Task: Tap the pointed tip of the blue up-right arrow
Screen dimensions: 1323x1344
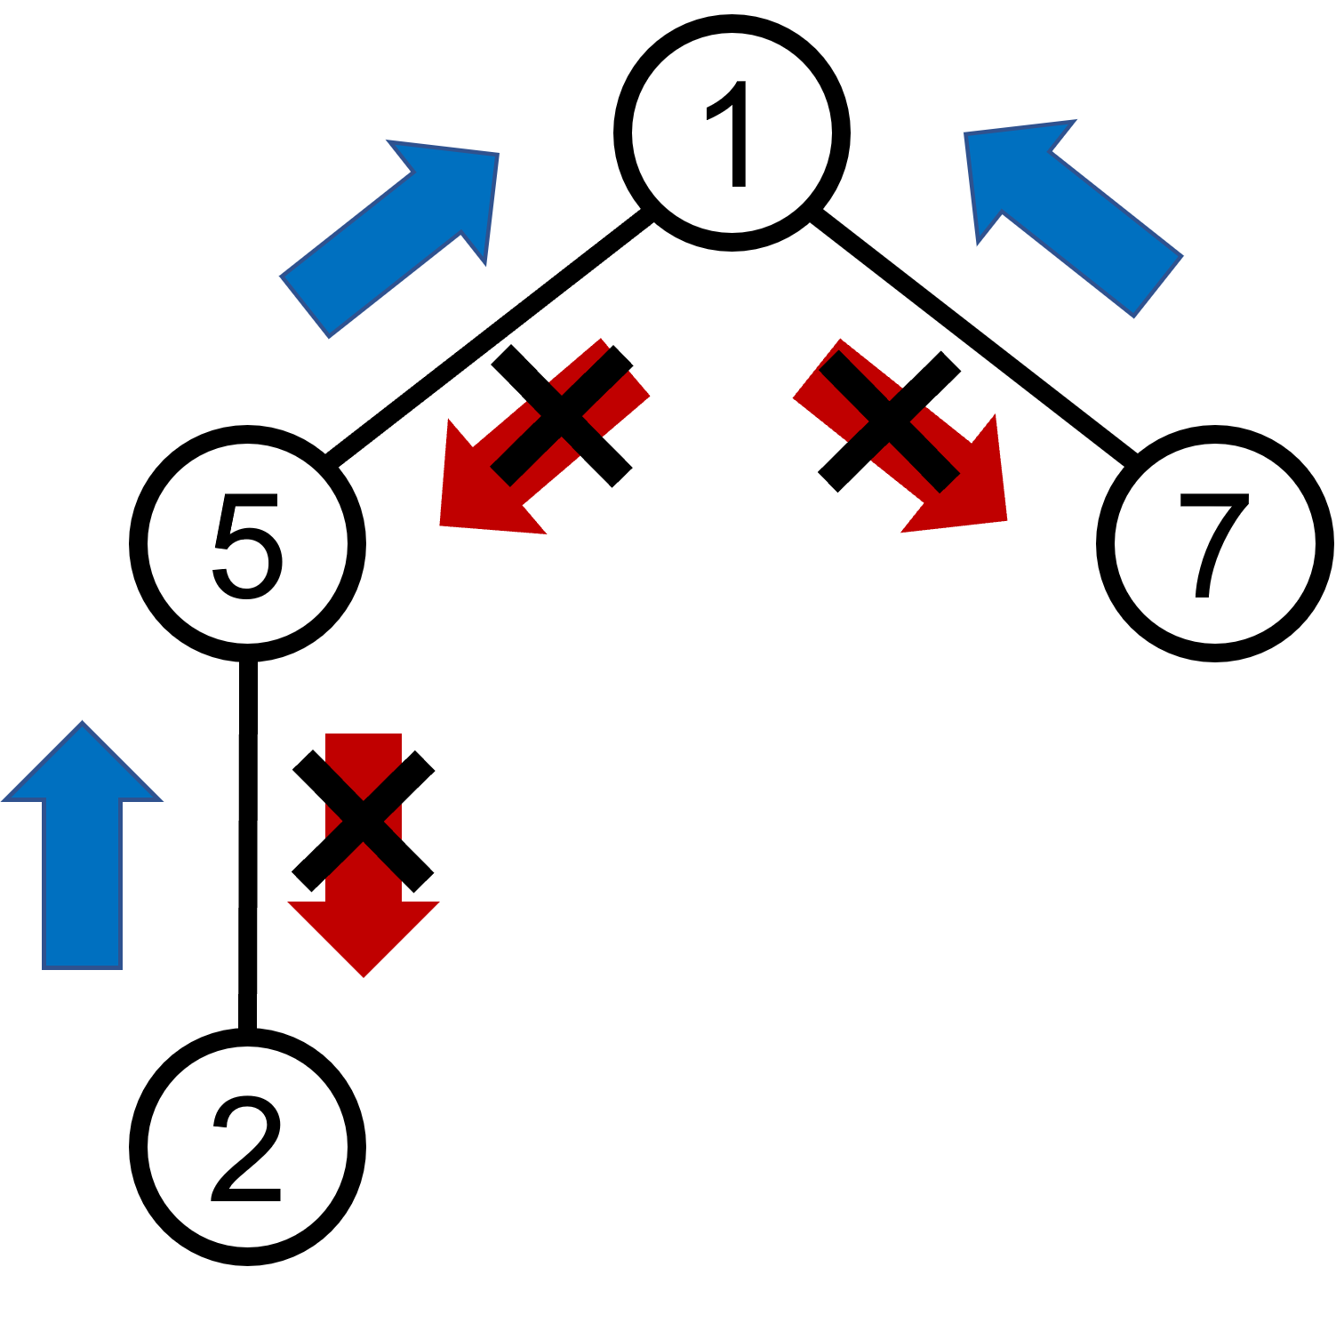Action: tap(496, 155)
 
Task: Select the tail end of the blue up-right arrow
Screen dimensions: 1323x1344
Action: tap(305, 307)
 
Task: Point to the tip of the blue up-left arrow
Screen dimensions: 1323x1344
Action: tap(966, 134)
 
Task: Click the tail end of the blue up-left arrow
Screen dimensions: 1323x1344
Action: tap(1158, 285)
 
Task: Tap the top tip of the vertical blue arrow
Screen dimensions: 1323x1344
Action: tap(83, 722)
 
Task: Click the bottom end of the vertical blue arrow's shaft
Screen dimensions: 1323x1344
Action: tap(82, 967)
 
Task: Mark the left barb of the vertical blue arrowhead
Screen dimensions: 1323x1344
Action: tap(4, 800)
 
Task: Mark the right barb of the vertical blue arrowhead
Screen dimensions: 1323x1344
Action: tap(161, 800)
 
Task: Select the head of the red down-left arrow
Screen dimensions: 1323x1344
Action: tap(480, 493)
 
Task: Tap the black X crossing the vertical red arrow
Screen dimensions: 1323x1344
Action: tap(364, 820)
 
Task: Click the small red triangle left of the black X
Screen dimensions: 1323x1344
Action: tap(331, 821)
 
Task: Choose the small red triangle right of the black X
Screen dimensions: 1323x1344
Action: tap(396, 821)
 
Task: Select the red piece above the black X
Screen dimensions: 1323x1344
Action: tap(363, 756)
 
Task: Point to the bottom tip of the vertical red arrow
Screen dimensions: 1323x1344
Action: tap(364, 976)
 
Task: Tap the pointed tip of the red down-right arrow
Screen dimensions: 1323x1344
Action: tap(1005, 520)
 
